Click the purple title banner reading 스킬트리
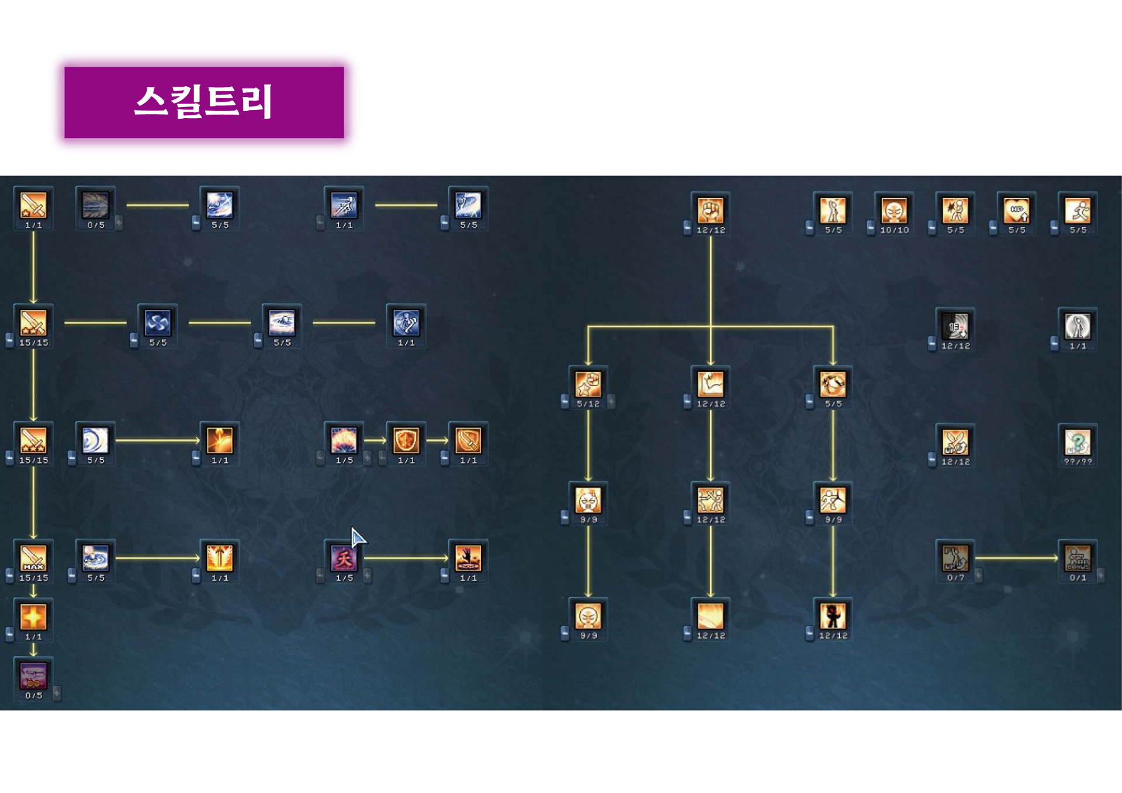[x=204, y=102]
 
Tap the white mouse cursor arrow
[x=358, y=537]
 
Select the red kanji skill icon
[x=344, y=558]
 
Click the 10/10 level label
[x=894, y=230]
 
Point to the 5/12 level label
[x=588, y=404]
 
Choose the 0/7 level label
[x=955, y=578]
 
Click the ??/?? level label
[x=1078, y=462]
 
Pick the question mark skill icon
[x=1078, y=442]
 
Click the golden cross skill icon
[x=33, y=616]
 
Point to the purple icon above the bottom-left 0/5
[x=33, y=675]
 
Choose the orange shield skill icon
[x=406, y=440]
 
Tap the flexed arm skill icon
[x=711, y=384]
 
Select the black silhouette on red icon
[x=833, y=616]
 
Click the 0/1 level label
[x=1078, y=578]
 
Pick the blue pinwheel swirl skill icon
[x=158, y=323]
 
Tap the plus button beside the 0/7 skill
[x=978, y=575]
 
